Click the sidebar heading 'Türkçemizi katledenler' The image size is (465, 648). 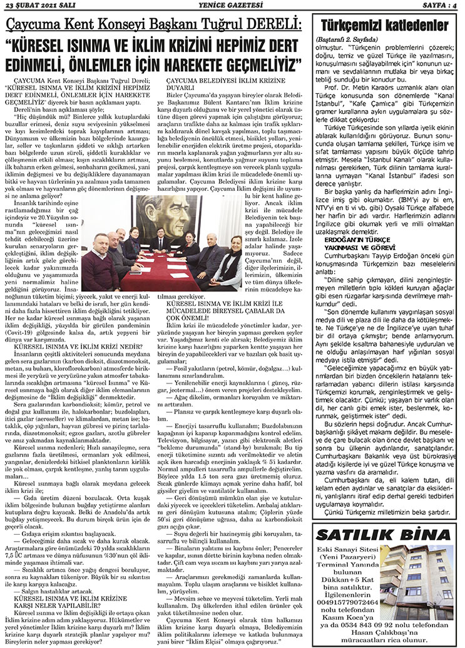click(384, 26)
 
